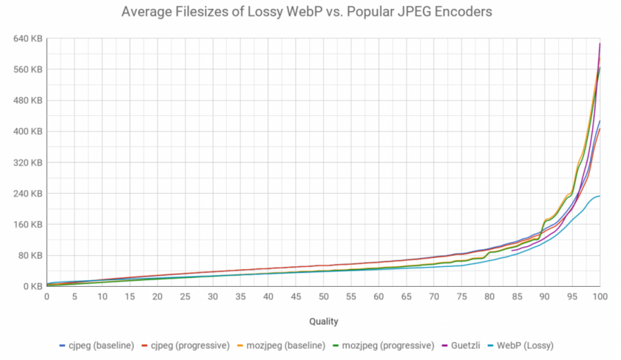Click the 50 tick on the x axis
(x=323, y=297)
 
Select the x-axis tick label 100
(x=600, y=297)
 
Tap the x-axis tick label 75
(x=461, y=297)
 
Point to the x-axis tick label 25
(x=185, y=297)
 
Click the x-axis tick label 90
(x=544, y=297)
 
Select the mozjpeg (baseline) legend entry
(x=290, y=345)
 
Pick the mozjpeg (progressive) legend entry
(x=396, y=345)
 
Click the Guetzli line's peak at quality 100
(x=600, y=44)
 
